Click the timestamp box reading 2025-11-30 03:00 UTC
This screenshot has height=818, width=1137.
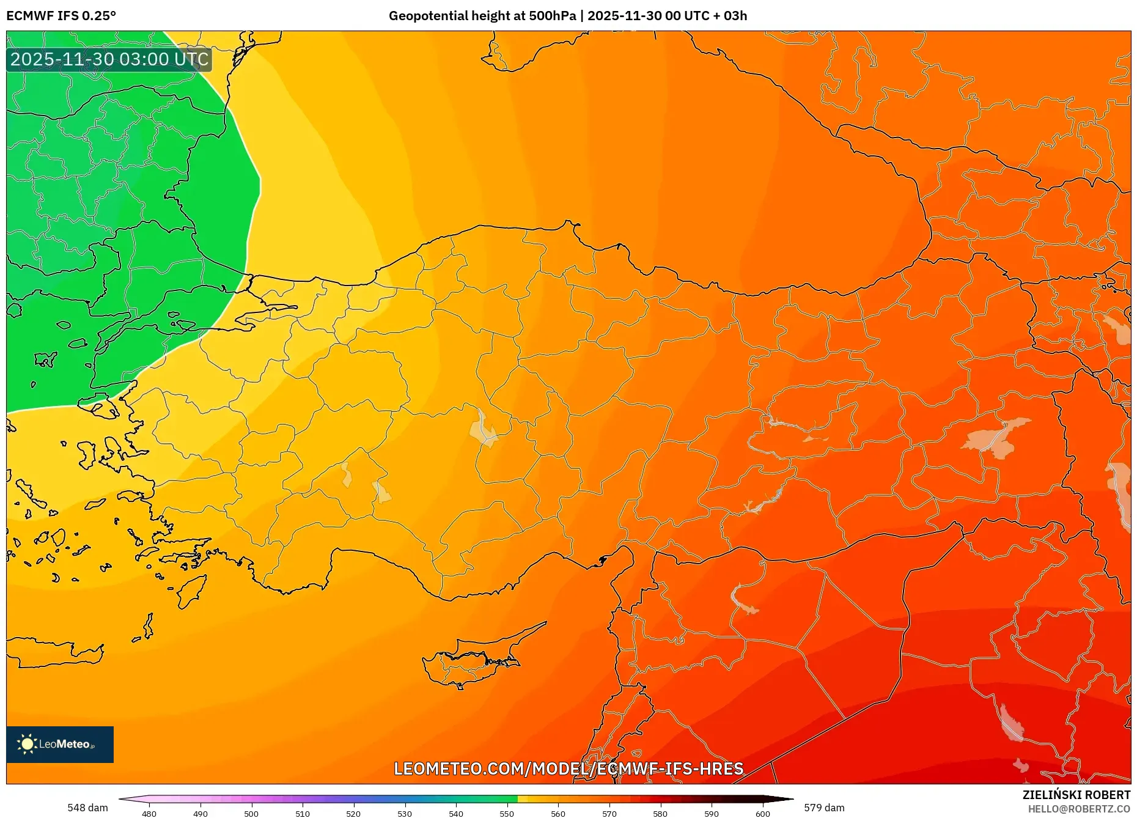tap(109, 59)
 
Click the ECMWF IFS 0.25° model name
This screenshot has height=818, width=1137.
tap(61, 16)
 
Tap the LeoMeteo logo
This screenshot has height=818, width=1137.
tap(60, 744)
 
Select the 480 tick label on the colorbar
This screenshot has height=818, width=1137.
tap(149, 814)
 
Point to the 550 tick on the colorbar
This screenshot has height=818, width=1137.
tap(507, 814)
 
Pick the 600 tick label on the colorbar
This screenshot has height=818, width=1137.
tap(762, 814)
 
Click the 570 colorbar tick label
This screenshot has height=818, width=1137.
tap(609, 814)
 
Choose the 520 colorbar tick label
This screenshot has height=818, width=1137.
tap(353, 814)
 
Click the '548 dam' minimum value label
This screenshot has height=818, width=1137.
tap(87, 808)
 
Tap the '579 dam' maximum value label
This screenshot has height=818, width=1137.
tap(824, 808)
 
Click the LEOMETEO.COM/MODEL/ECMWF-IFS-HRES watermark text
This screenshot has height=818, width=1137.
tap(568, 768)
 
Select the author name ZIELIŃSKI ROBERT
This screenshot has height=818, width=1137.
tap(1076, 795)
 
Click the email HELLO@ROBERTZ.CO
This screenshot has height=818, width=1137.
tap(1079, 809)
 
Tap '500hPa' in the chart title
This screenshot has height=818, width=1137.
tap(553, 16)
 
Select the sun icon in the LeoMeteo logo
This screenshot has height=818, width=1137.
tap(27, 744)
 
